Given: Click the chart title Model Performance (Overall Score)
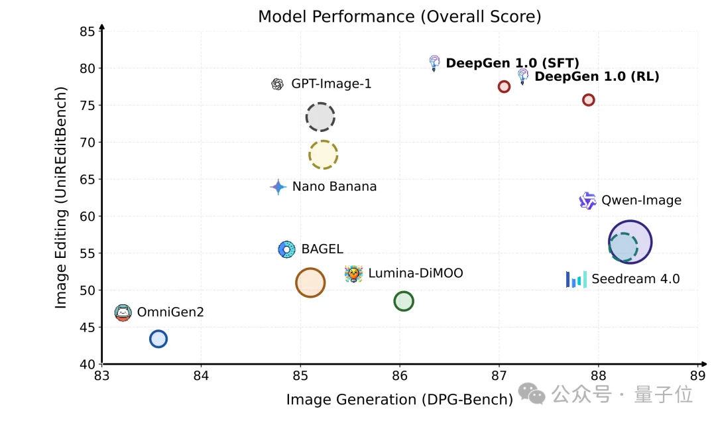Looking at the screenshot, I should (x=399, y=17).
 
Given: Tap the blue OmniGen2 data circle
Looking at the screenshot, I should (x=158, y=339).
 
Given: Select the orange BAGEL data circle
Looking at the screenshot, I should (x=310, y=283).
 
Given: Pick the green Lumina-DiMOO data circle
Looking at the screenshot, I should (x=403, y=301).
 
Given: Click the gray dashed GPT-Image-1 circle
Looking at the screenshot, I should (x=320, y=117).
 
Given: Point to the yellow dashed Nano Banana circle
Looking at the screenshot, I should (x=323, y=155).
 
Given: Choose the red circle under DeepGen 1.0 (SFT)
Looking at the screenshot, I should (x=504, y=87).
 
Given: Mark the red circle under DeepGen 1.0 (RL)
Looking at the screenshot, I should (x=588, y=100).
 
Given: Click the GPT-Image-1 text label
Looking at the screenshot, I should (x=331, y=84).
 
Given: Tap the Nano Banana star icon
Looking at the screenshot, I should (x=278, y=187).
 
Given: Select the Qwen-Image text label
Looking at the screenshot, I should (x=641, y=200).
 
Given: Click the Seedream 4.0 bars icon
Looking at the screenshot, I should (x=576, y=279).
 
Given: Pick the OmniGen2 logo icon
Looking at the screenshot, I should (x=123, y=312).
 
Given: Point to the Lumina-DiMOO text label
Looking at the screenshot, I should (x=416, y=273).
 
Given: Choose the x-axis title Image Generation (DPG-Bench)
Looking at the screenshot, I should (x=400, y=399).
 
